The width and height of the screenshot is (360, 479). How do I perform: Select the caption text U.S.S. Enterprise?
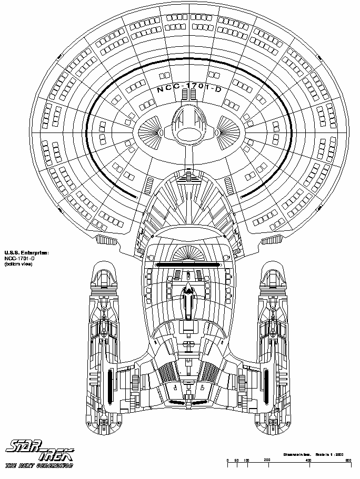(26, 252)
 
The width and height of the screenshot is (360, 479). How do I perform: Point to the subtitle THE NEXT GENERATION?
(39, 465)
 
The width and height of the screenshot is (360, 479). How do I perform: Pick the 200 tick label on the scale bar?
(267, 460)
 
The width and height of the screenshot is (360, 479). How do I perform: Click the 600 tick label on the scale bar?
(348, 460)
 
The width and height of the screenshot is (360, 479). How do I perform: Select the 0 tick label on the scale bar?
(227, 460)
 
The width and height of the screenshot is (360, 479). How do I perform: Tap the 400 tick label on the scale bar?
(308, 460)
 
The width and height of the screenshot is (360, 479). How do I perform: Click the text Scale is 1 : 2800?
(328, 453)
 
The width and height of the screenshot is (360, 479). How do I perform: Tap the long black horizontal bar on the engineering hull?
(188, 264)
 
